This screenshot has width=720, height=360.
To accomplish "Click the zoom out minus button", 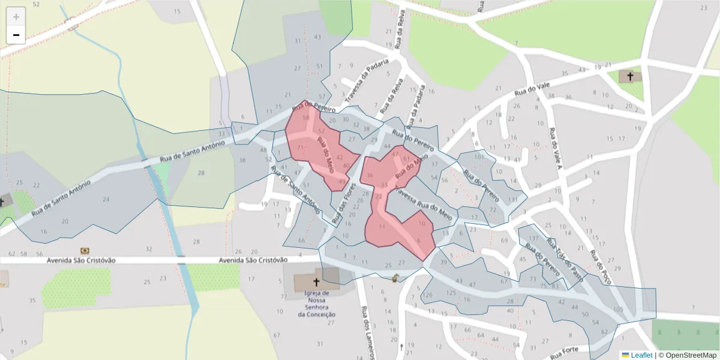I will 16,35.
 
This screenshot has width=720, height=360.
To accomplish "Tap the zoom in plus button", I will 16,17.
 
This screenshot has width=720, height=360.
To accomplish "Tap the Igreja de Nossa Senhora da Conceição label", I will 316,302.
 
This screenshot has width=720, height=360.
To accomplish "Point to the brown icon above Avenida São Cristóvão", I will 85,250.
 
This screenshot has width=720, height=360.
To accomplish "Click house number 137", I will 533,239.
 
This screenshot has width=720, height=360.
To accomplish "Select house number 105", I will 617,309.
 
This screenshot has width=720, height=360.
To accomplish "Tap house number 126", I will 428,295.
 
